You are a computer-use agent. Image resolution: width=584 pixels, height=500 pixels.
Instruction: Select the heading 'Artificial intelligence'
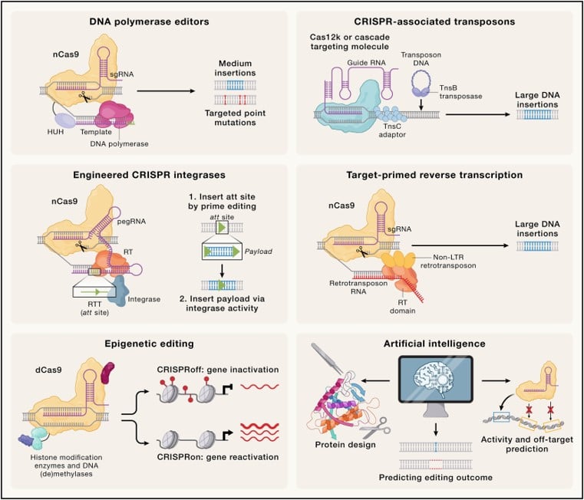435,346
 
